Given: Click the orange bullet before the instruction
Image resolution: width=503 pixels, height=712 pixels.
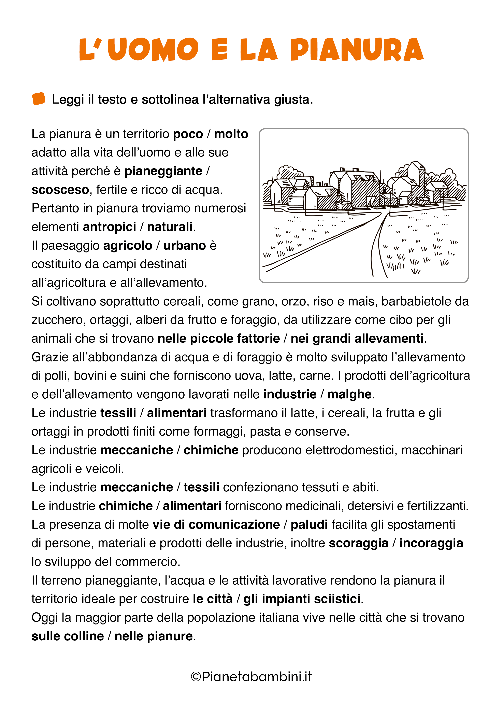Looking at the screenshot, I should pyautogui.click(x=39, y=99).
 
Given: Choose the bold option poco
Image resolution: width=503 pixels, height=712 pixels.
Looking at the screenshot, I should pyautogui.click(x=188, y=134).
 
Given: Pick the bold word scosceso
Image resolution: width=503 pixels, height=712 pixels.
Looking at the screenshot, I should pyautogui.click(x=60, y=190).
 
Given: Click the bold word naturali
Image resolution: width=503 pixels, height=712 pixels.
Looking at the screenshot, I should pyautogui.click(x=170, y=227).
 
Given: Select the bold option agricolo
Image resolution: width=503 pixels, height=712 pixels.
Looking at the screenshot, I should pyautogui.click(x=128, y=246).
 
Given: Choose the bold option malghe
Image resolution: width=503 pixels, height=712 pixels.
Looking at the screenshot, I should pyautogui.click(x=349, y=394).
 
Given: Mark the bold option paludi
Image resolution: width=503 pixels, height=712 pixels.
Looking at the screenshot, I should pyautogui.click(x=309, y=525).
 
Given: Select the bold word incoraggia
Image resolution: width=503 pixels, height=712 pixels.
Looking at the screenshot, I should pyautogui.click(x=431, y=543).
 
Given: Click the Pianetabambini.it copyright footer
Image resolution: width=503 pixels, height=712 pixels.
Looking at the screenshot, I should pyautogui.click(x=251, y=676).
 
